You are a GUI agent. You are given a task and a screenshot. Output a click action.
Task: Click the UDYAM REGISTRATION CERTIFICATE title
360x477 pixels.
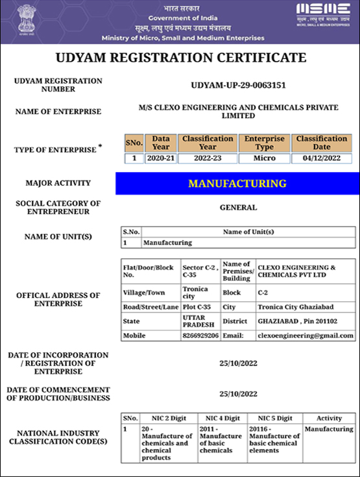click(181, 58)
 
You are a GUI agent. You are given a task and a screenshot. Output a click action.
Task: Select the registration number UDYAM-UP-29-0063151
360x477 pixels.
click(239, 85)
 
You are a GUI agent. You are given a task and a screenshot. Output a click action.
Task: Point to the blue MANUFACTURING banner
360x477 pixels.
click(237, 184)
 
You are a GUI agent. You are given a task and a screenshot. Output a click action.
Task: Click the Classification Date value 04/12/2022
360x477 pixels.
click(322, 158)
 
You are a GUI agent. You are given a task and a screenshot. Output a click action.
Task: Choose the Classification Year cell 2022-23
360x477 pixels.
click(208, 158)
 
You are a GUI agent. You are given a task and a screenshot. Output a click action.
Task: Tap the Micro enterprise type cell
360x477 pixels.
click(264, 158)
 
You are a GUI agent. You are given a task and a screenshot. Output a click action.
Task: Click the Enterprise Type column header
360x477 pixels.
click(264, 143)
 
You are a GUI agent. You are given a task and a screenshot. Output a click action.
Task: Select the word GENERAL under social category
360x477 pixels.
click(238, 208)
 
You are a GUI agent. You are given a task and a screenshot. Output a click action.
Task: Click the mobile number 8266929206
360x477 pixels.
click(200, 336)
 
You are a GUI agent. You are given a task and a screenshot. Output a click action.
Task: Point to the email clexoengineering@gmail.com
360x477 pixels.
click(306, 336)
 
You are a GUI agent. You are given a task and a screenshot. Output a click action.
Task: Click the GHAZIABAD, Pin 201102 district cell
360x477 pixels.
click(305, 321)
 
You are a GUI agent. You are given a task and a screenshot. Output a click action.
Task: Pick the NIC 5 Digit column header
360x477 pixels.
click(275, 419)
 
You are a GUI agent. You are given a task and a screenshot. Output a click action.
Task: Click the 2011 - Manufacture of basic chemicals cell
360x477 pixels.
click(221, 439)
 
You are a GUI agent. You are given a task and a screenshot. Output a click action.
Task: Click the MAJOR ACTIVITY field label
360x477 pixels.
click(58, 183)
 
